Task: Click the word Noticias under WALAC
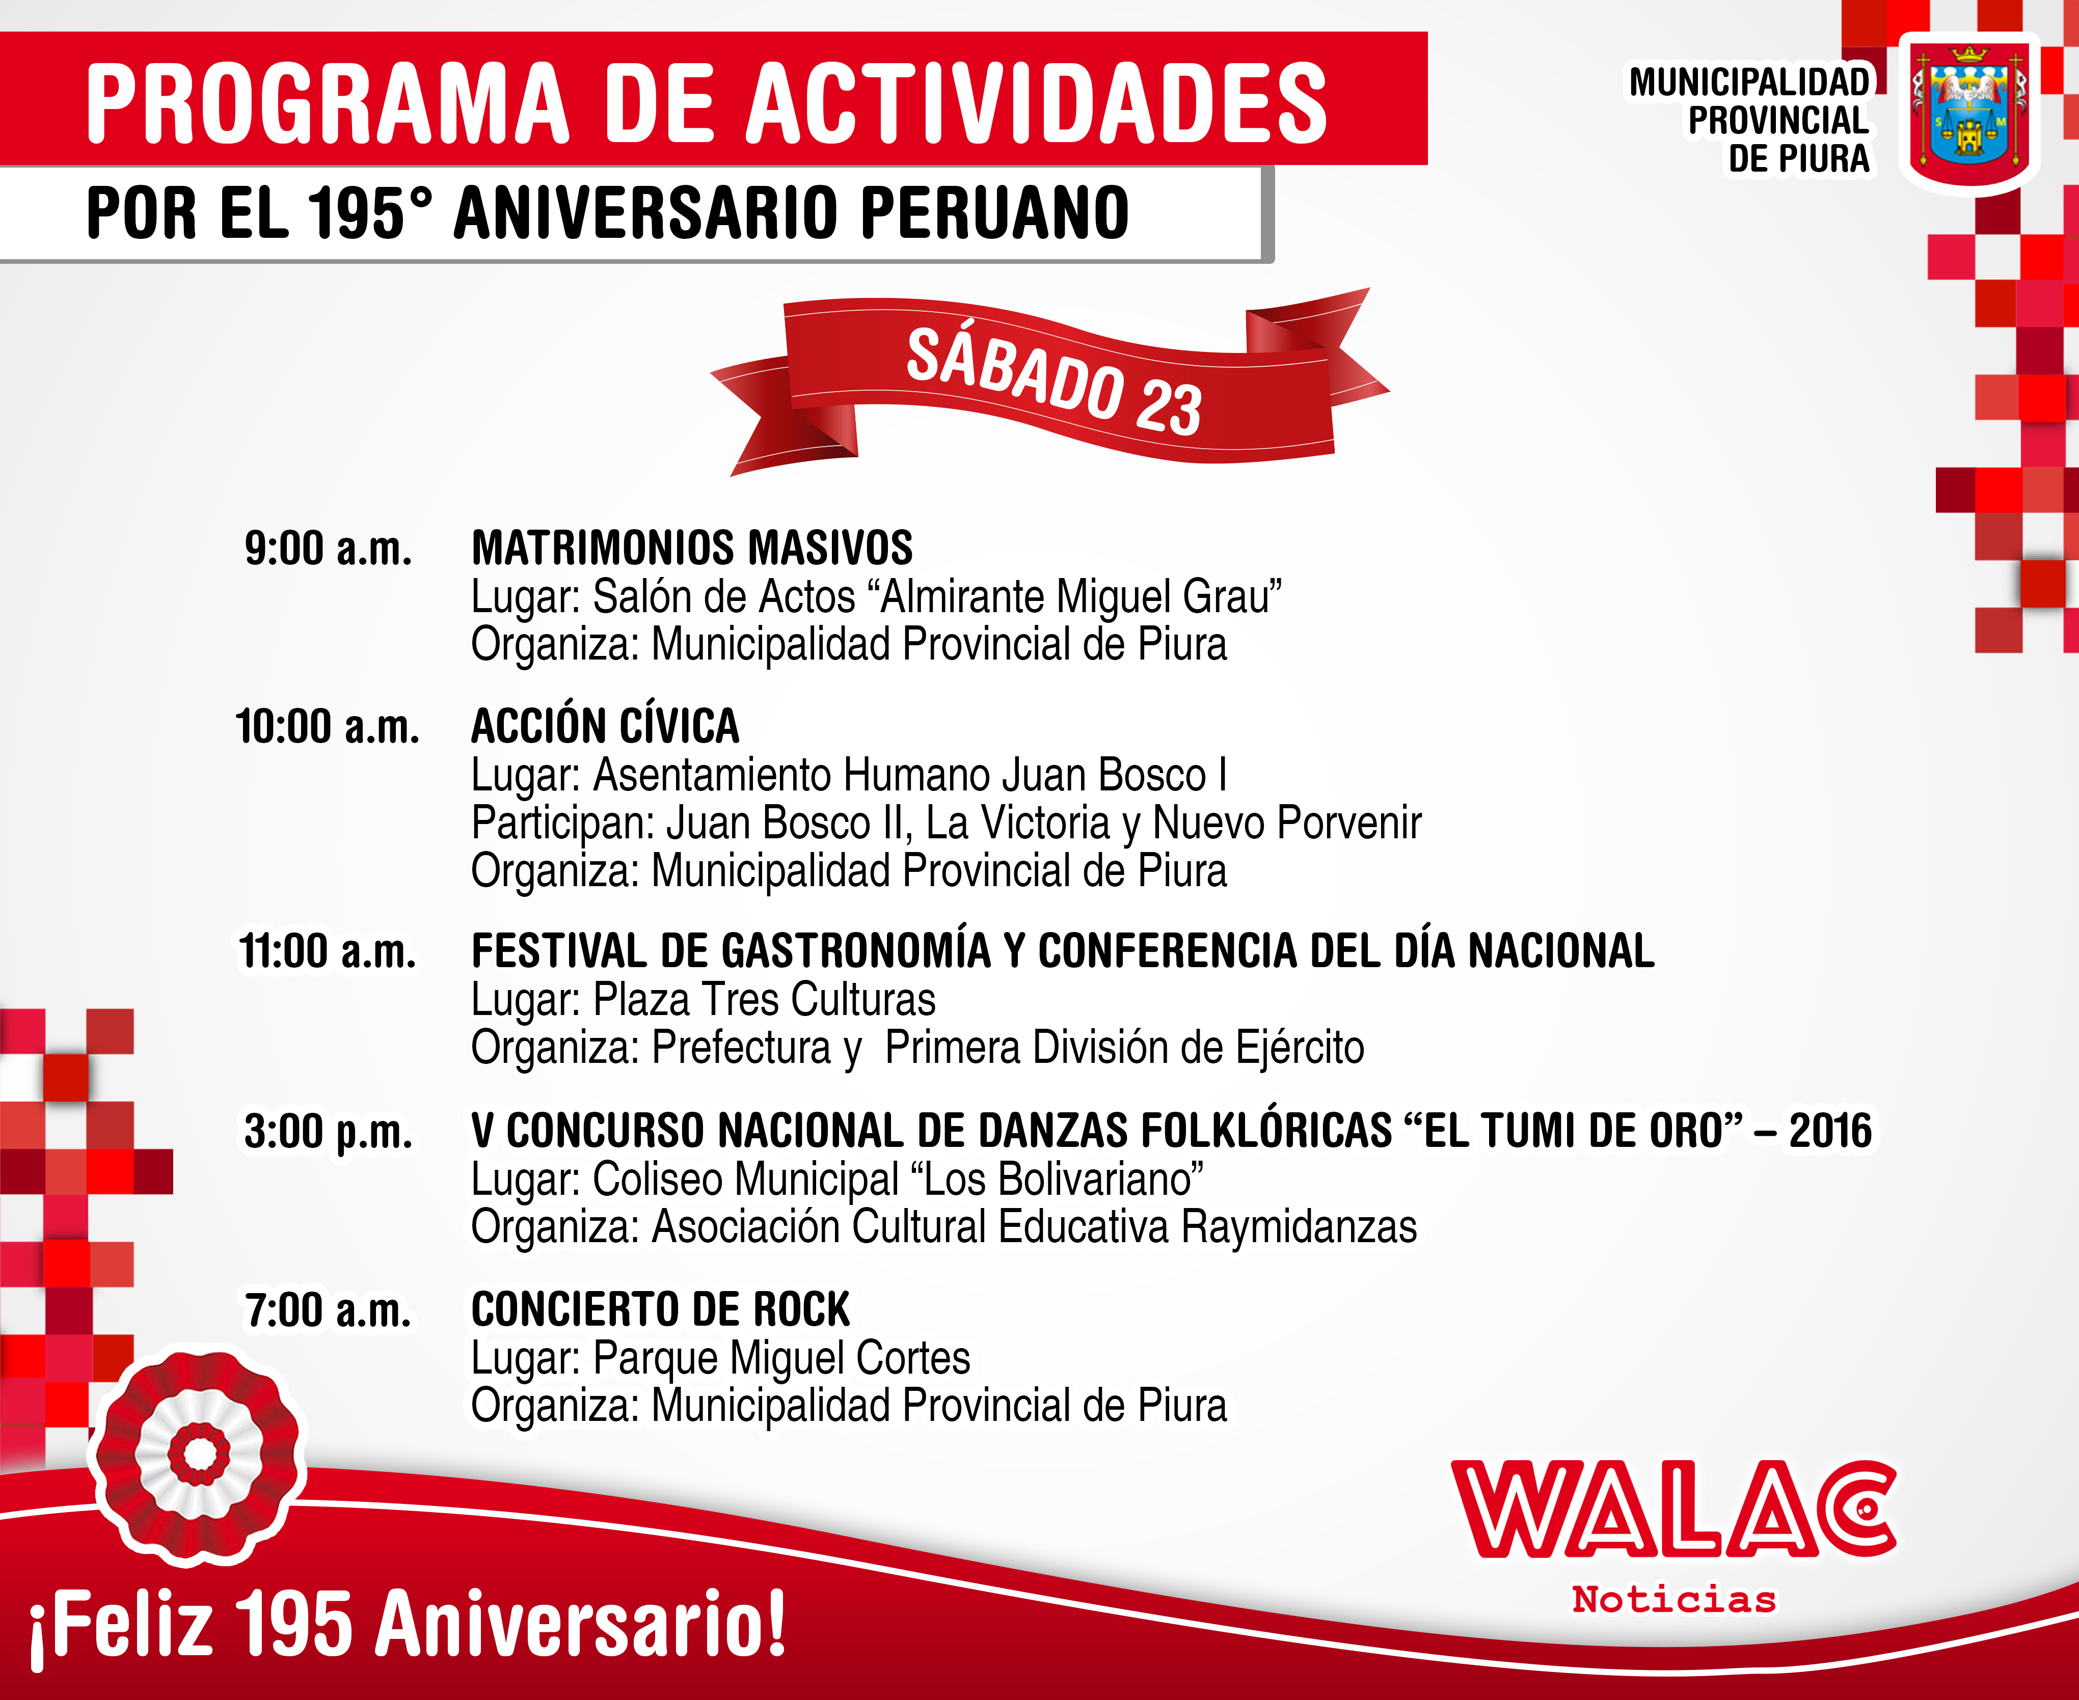point(1673,1599)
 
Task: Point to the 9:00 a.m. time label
point(328,549)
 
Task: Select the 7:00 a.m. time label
point(328,1310)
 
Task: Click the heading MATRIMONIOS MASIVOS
point(692,549)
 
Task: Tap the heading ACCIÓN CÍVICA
point(605,726)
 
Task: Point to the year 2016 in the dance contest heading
point(1830,1130)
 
